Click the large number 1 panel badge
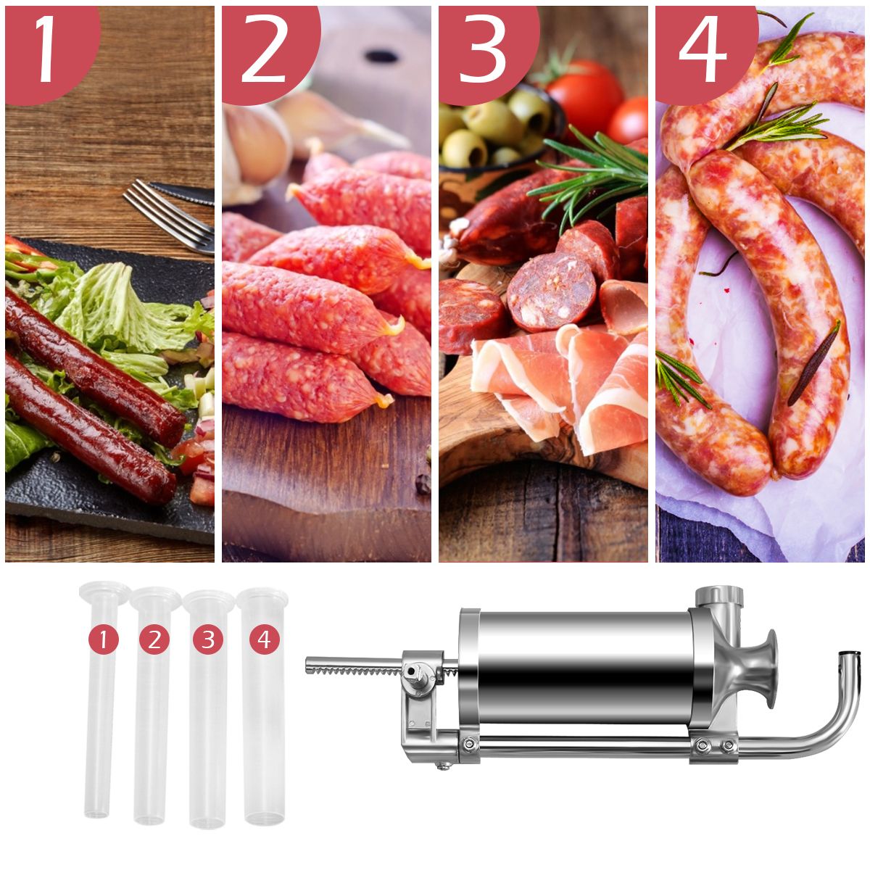click(x=46, y=49)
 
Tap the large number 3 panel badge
click(x=483, y=49)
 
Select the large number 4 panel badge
click(x=701, y=49)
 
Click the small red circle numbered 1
click(x=103, y=639)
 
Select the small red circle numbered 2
click(x=154, y=639)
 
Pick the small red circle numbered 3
click(x=208, y=639)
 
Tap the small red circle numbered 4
click(x=264, y=639)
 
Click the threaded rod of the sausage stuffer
click(x=352, y=666)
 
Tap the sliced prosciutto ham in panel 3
click(x=565, y=384)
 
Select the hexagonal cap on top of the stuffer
click(x=719, y=598)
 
